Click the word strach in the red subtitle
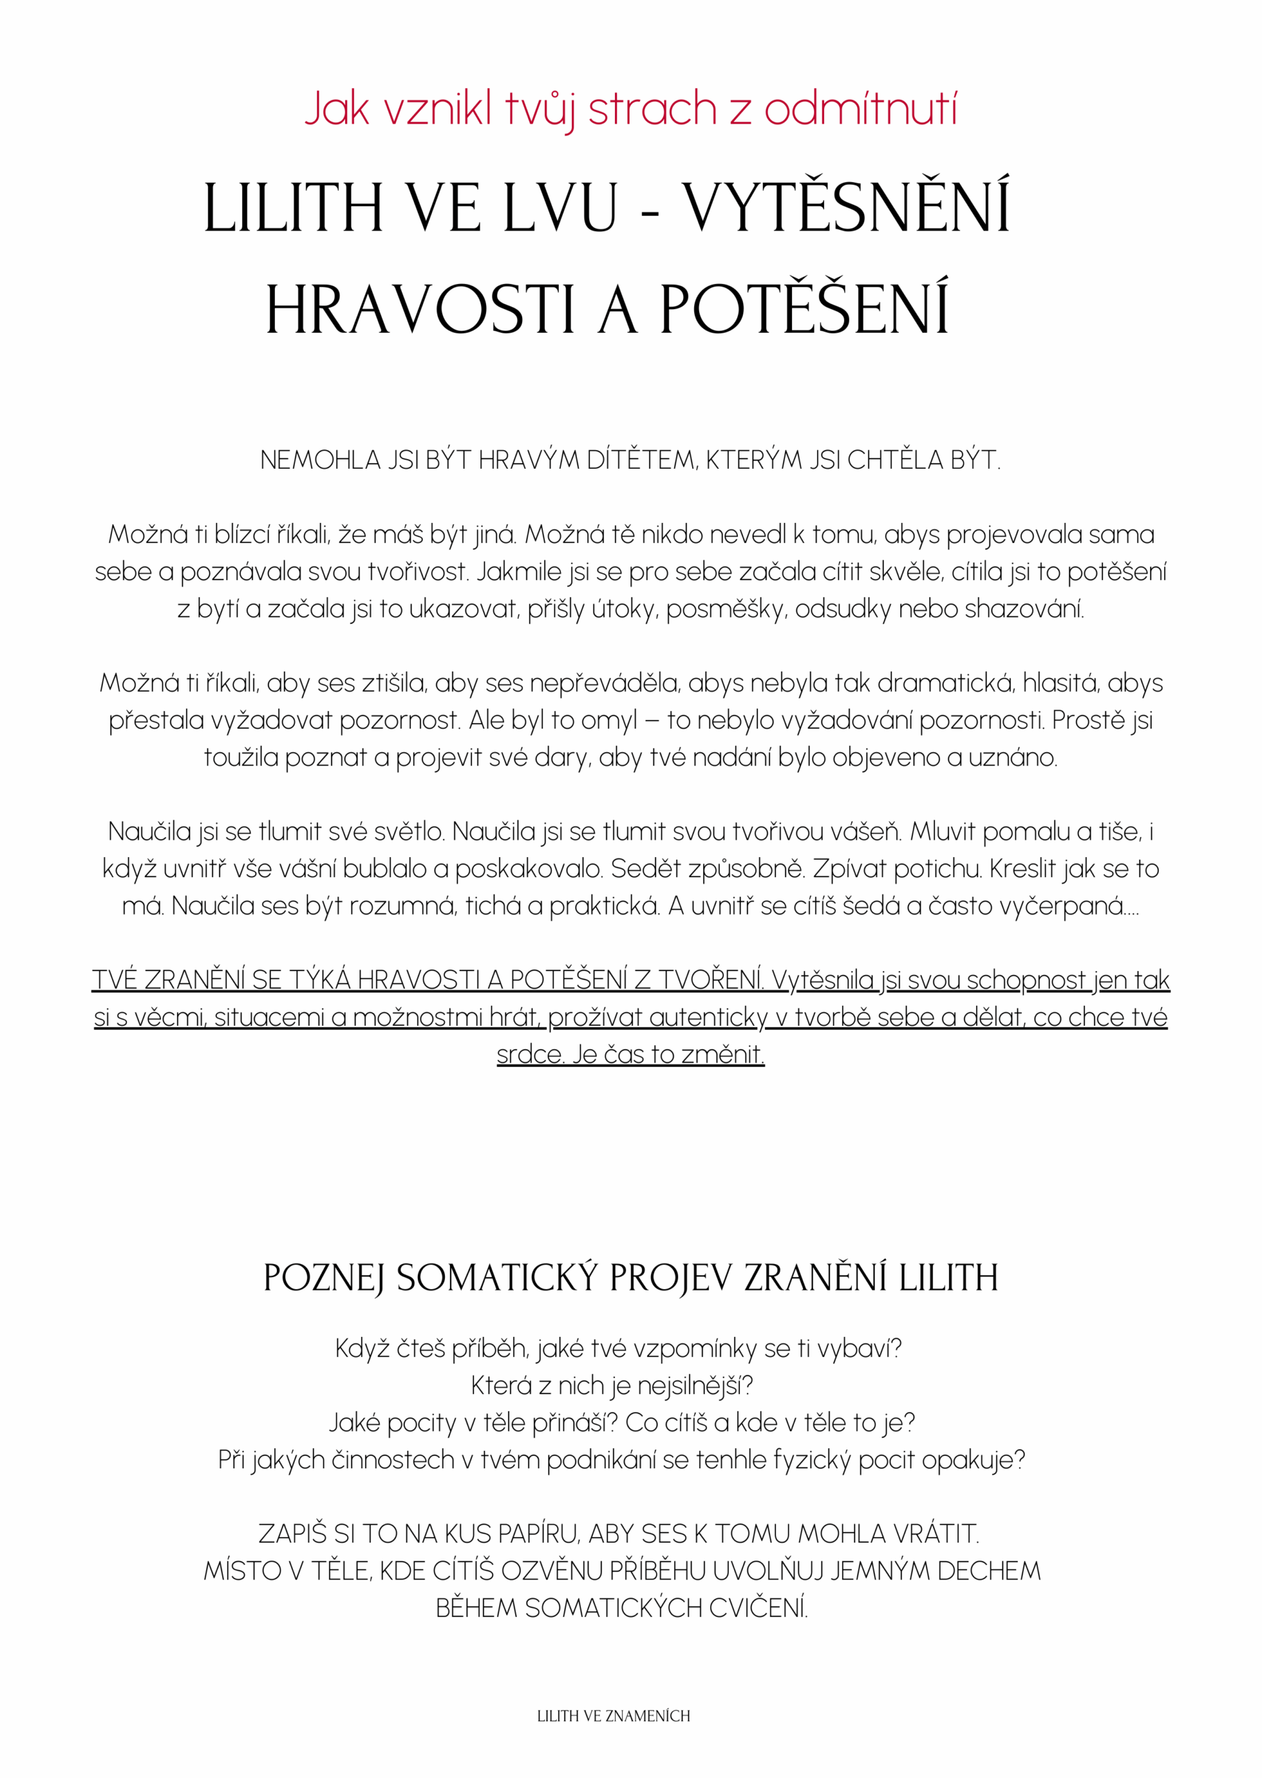click(652, 108)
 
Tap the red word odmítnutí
click(860, 108)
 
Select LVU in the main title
click(560, 208)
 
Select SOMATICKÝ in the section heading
click(497, 1278)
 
